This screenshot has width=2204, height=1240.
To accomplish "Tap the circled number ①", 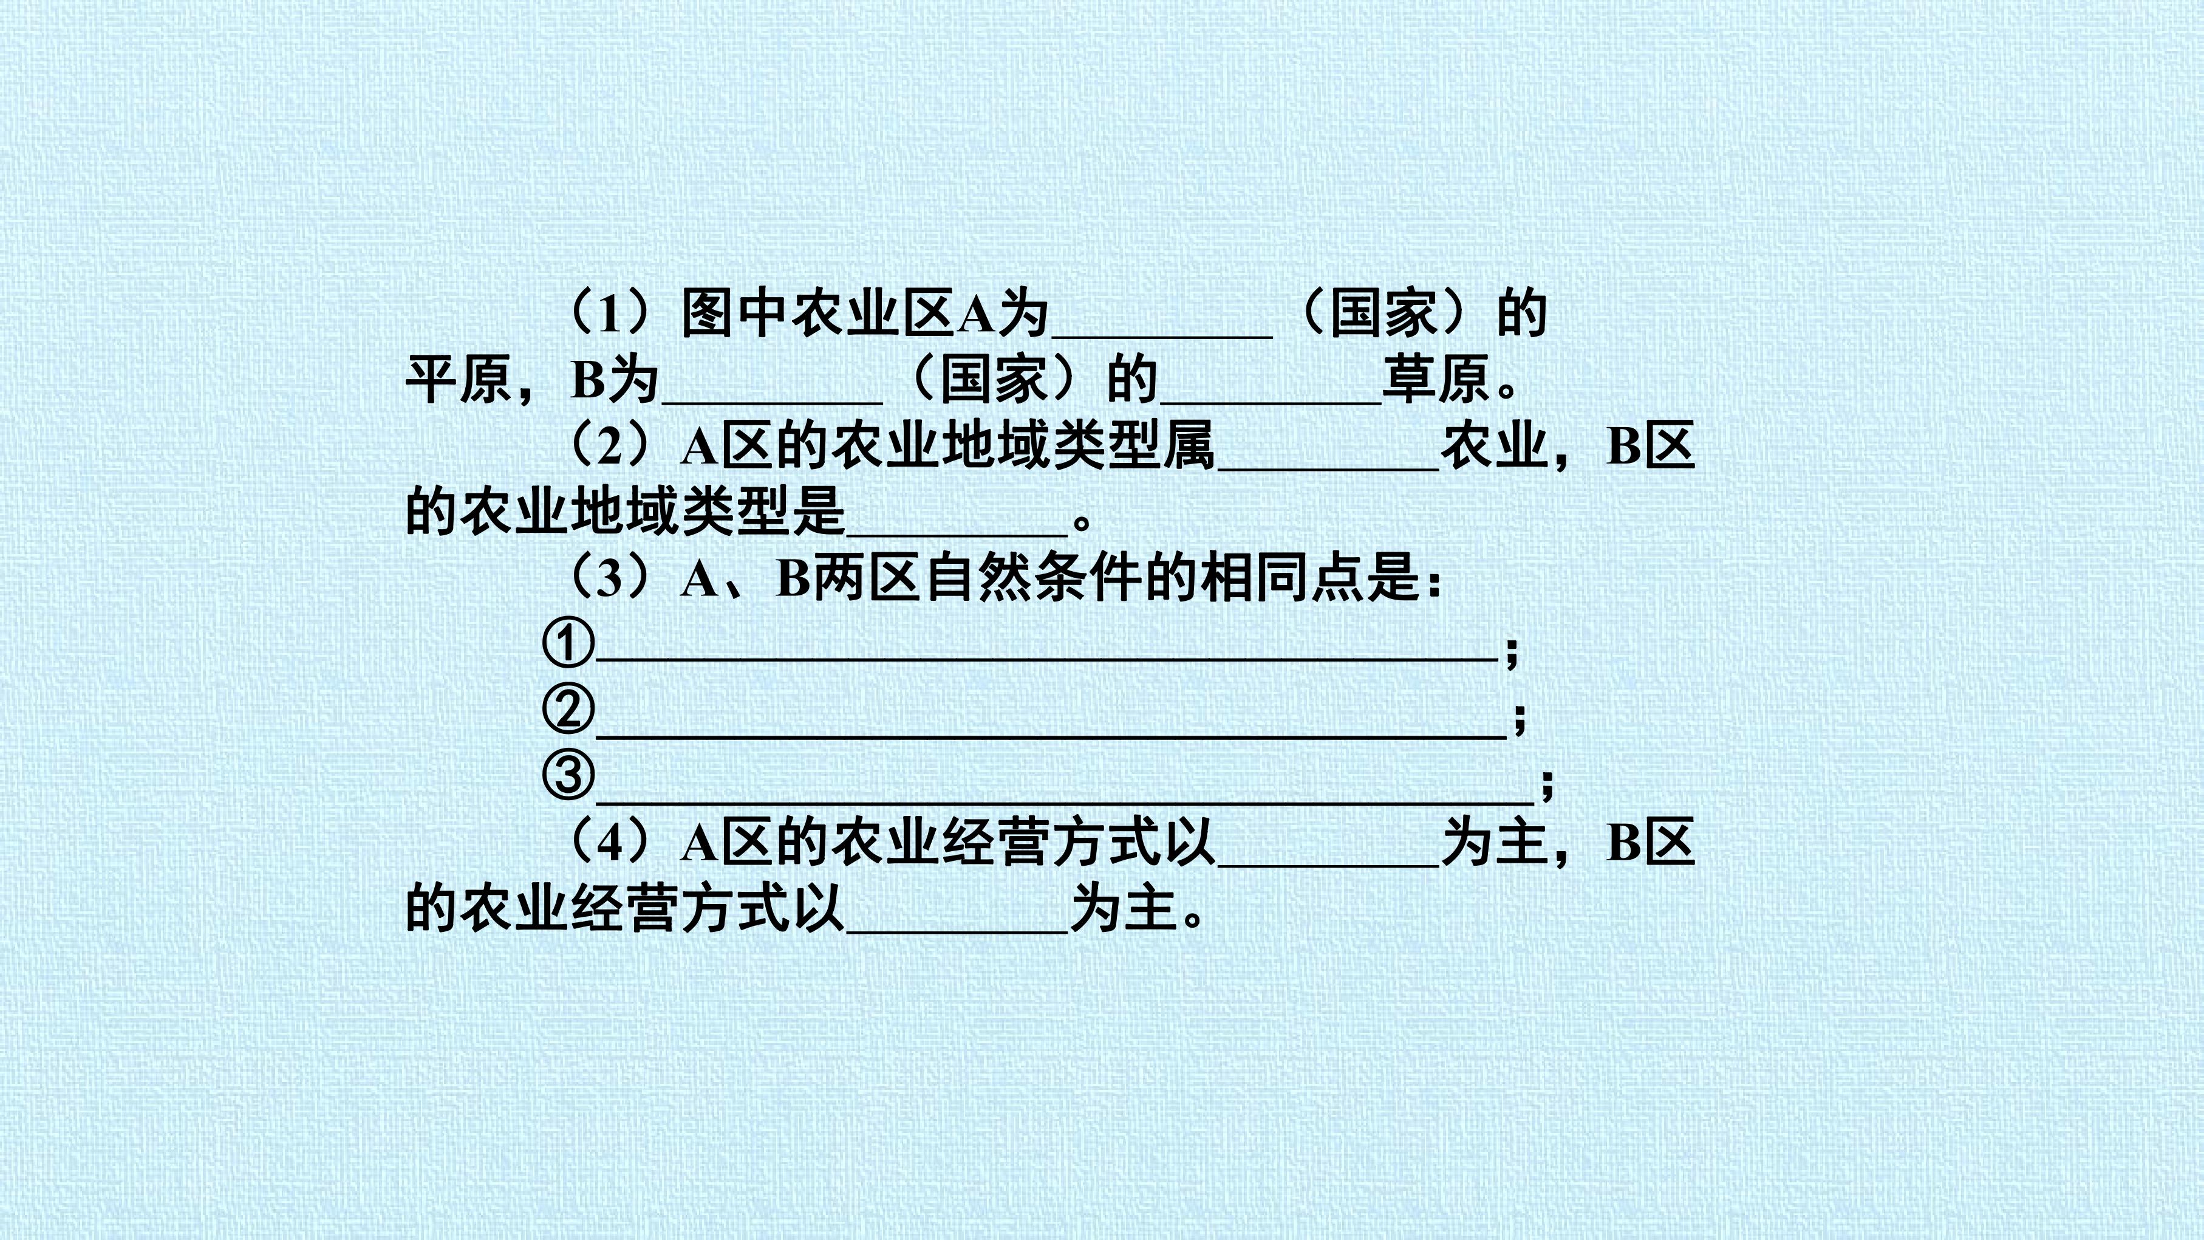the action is (568, 643).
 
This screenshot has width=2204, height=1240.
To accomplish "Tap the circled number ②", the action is (568, 710).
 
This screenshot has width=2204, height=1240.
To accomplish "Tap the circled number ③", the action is (568, 775).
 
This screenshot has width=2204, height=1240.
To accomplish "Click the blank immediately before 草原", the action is (1271, 402).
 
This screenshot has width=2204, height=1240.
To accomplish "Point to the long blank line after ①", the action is (1046, 660).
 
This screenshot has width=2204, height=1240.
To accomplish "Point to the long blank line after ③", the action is (1065, 802).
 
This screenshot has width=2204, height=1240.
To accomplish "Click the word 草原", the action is (1436, 380).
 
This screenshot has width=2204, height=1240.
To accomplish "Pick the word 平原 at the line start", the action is (459, 380).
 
